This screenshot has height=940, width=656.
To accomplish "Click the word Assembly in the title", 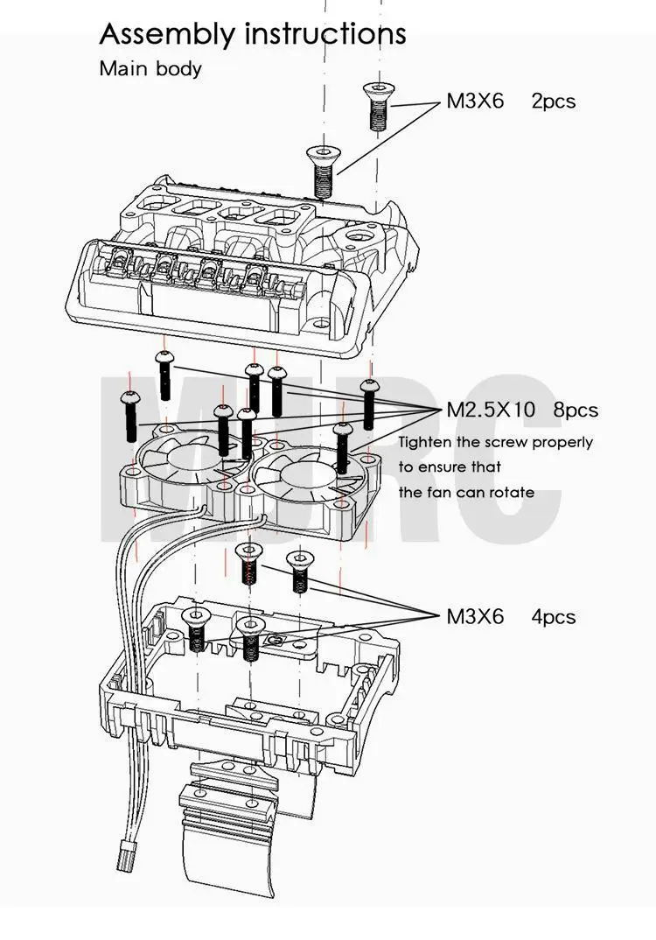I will coord(167,34).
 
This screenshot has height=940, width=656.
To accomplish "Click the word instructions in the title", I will coord(325,34).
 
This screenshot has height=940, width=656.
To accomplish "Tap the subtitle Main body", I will coord(150,68).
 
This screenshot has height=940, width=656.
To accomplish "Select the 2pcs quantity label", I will coord(554,101).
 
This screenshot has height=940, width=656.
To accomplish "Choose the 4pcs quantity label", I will coord(554,616).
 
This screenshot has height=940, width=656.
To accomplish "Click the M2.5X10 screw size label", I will coord(492,409).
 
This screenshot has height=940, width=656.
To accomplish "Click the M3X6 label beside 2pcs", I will coord(475,101).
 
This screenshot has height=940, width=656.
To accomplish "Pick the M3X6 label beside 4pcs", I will coord(475,616).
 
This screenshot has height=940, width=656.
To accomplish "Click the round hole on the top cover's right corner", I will coord(359,237).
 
